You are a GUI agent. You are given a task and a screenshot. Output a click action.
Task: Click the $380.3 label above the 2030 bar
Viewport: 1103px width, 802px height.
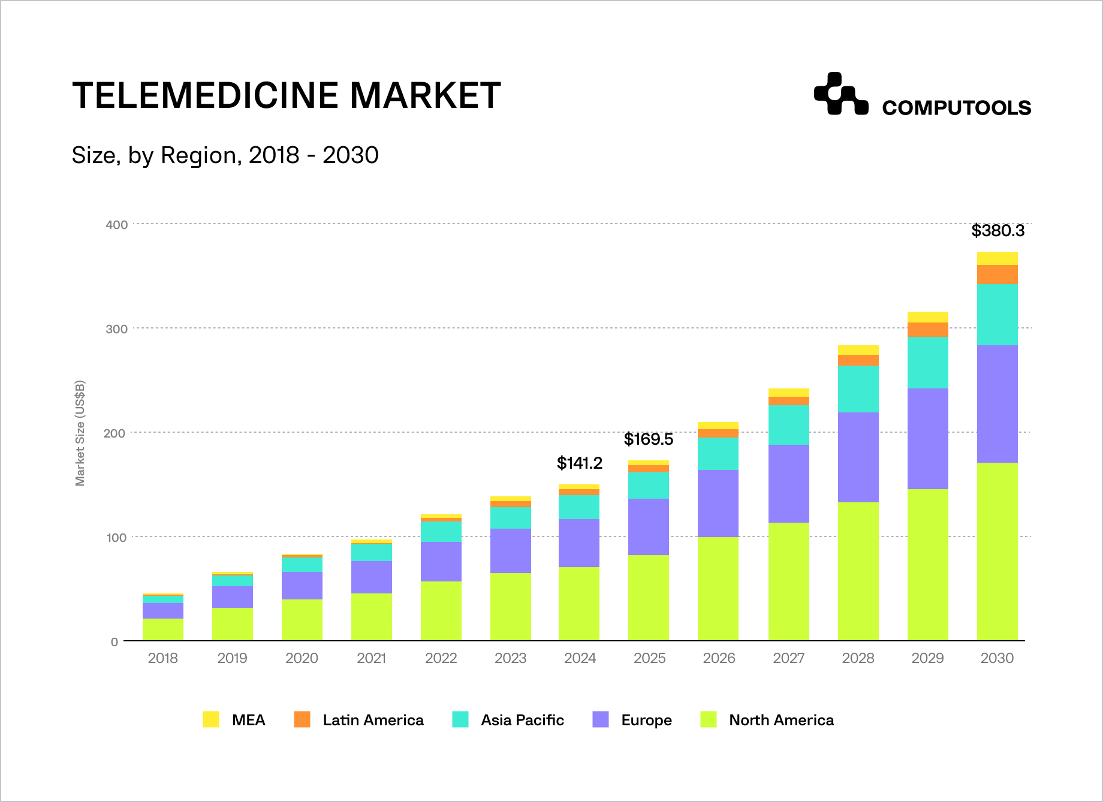(997, 231)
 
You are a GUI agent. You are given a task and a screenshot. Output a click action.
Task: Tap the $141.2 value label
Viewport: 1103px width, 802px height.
(580, 463)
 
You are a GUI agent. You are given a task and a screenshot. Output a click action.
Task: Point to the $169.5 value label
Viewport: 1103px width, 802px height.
(648, 439)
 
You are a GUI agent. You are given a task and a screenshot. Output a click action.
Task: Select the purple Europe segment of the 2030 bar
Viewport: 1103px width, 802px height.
(997, 403)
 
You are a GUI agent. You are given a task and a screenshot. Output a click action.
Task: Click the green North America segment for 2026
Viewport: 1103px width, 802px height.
(718, 589)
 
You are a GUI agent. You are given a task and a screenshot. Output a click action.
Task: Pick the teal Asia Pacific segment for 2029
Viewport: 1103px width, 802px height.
(927, 362)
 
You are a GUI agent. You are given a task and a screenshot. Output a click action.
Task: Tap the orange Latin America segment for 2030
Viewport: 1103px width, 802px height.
(997, 274)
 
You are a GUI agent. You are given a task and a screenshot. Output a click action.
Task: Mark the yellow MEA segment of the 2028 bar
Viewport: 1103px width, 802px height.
(858, 350)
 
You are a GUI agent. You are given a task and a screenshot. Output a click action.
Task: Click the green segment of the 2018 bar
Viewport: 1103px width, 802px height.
(163, 629)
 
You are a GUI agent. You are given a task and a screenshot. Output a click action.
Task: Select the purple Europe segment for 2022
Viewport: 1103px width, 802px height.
(441, 561)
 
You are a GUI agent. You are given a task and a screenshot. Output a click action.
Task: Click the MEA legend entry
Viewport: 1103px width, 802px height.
(234, 720)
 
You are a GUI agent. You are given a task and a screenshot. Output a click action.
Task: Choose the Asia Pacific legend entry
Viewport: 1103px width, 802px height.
(508, 720)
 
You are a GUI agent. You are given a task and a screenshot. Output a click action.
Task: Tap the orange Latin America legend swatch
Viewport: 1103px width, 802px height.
(302, 719)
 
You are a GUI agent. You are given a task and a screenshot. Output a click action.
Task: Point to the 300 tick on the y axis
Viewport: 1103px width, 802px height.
(117, 328)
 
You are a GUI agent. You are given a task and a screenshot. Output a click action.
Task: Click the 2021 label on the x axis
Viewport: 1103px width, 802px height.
(371, 658)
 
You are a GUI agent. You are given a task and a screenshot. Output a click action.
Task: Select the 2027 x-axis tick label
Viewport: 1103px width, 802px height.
(788, 658)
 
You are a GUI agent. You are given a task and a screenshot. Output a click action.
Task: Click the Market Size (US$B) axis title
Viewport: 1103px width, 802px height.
(80, 433)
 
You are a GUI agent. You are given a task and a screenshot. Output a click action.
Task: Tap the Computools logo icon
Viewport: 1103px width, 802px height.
(840, 94)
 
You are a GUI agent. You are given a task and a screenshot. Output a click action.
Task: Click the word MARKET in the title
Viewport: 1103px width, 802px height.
(425, 95)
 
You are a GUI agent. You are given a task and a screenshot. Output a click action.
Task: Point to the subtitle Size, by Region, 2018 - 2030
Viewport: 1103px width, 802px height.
(225, 155)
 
